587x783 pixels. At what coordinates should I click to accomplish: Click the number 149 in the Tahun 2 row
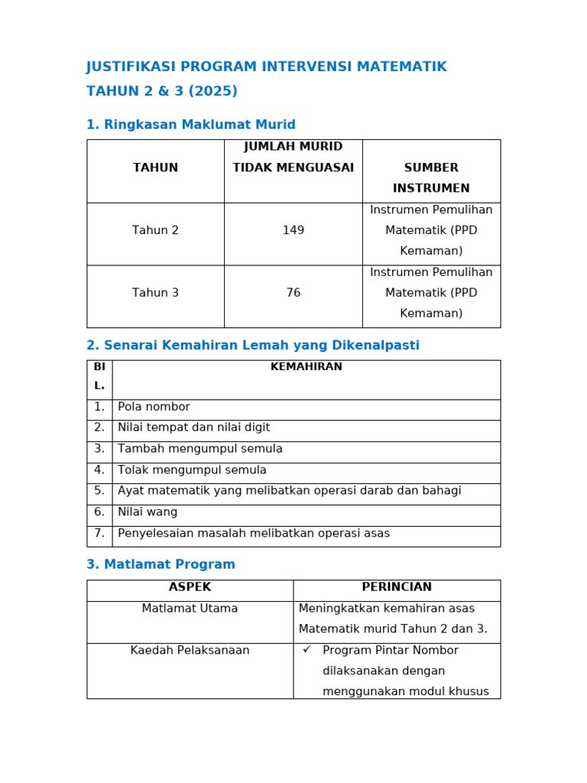[293, 230]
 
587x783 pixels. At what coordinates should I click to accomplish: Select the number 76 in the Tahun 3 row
[293, 293]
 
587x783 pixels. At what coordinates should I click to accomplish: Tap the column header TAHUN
[155, 167]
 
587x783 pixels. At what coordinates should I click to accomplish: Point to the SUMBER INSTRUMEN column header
[431, 177]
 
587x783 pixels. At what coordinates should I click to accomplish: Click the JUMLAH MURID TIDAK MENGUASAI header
[293, 157]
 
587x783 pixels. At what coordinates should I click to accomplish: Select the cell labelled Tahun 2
[155, 230]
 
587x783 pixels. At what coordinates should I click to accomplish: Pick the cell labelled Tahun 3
[155, 293]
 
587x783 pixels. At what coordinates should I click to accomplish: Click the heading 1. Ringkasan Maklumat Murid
[190, 125]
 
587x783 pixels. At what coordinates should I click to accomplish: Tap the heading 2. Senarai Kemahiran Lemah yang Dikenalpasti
[253, 346]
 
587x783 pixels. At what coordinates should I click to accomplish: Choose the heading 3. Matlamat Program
[161, 564]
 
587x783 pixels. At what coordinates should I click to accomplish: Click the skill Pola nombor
[154, 407]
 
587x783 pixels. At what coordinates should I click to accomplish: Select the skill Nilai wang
[148, 512]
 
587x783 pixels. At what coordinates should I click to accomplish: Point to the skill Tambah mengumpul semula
[200, 449]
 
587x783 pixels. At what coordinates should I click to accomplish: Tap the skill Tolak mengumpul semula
[192, 470]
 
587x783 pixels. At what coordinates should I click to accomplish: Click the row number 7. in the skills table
[99, 534]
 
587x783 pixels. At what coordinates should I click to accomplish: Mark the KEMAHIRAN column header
[306, 367]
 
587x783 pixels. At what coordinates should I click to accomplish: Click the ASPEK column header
[190, 587]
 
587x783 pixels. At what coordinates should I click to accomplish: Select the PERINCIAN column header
[397, 587]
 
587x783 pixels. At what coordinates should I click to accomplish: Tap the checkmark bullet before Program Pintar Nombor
[306, 649]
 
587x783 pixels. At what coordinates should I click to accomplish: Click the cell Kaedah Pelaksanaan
[190, 651]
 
